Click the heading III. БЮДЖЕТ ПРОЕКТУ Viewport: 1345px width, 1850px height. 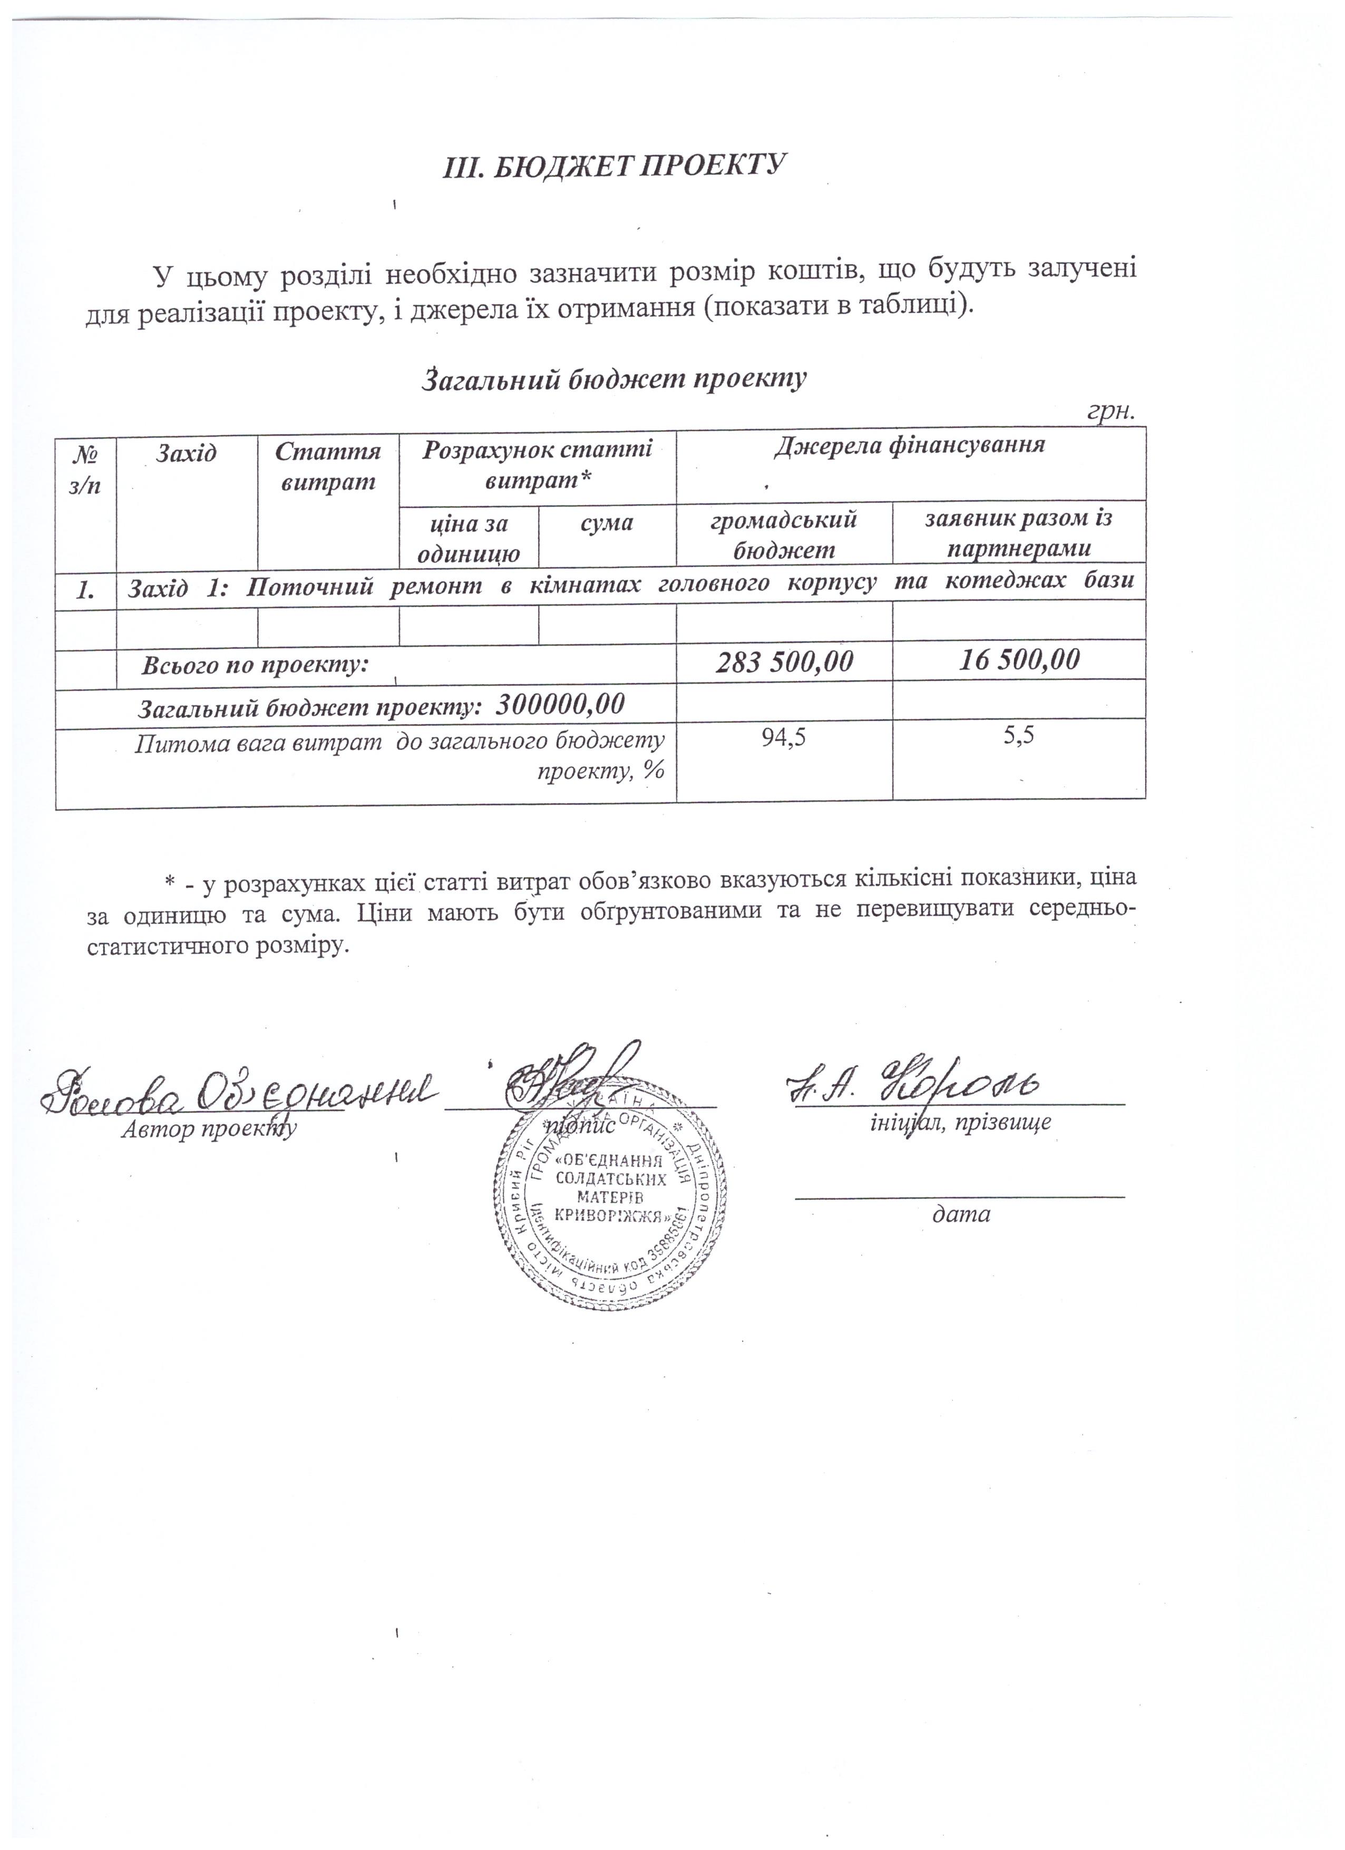613,165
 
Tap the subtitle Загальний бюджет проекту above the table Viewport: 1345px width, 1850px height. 613,378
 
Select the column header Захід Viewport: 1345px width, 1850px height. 187,452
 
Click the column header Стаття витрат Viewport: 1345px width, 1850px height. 328,466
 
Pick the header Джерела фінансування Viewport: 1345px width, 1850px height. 910,445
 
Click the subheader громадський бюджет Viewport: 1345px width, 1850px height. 784,534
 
